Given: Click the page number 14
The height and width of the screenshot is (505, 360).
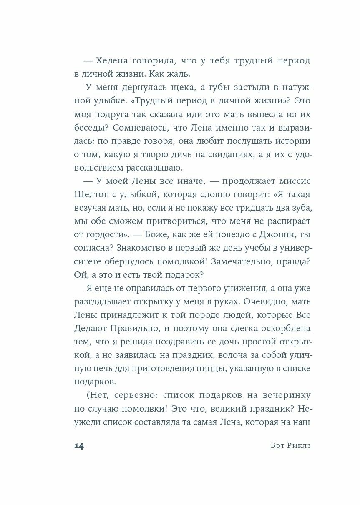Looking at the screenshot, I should (x=78, y=446).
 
